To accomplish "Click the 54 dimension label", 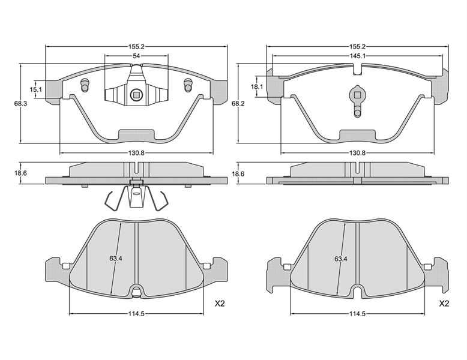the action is coord(136,56).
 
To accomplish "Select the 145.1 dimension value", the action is coord(358,56).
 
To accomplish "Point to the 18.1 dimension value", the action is coord(257,86).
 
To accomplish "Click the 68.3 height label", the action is coord(20,104).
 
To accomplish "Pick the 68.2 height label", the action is coord(238,104).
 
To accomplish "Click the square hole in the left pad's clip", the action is coord(137,95).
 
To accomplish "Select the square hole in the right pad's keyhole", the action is coord(357,95).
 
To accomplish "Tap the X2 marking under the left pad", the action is coord(220,304).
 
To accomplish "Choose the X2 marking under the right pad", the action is coord(444,304).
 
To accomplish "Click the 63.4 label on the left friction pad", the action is coord(116,259).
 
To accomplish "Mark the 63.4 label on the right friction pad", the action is coord(341,259).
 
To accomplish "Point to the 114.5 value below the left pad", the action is coord(136,314).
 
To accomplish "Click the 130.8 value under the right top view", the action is coord(357,153).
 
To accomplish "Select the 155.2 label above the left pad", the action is coord(136,46).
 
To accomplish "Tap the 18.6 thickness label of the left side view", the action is coord(20,173).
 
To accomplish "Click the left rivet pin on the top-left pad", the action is coord(85,85).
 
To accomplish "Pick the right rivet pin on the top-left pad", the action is coord(188,85).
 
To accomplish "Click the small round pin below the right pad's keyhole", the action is coord(357,113).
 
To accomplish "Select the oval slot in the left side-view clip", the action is coord(137,193).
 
